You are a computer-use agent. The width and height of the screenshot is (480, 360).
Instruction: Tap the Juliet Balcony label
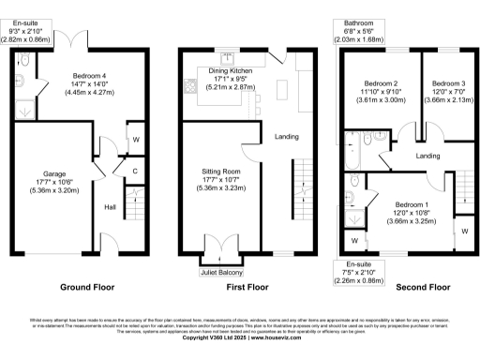point(219,274)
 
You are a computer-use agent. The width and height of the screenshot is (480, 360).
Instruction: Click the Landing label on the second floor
point(428,156)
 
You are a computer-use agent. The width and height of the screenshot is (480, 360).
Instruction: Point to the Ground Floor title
point(87,287)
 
